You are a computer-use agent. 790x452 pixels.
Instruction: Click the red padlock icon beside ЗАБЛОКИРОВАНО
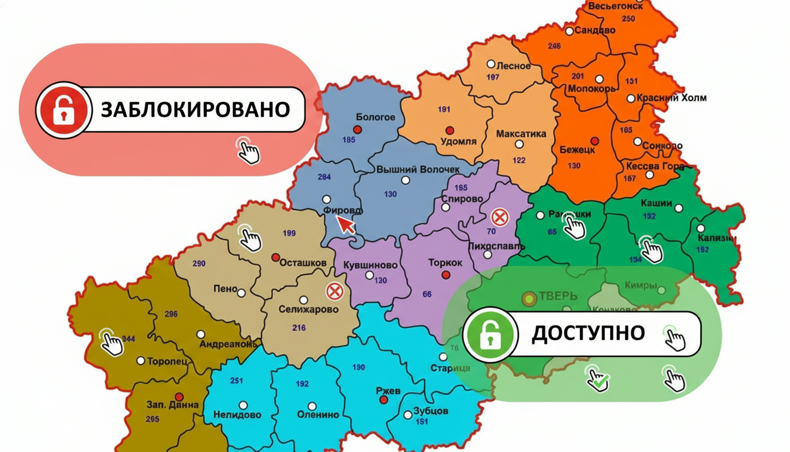62,110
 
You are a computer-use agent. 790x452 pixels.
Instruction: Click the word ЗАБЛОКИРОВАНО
195,109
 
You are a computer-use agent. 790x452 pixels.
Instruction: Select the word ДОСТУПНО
588,334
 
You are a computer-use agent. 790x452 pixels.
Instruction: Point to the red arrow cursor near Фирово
346,224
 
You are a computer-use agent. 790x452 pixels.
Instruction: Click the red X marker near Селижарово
335,291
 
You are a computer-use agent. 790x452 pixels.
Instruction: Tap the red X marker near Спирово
500,218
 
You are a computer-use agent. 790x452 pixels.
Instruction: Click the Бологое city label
376,117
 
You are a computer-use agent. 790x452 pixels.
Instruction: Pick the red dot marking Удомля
450,130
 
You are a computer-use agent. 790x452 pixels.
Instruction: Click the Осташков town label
303,262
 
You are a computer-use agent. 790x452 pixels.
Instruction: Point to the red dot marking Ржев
384,400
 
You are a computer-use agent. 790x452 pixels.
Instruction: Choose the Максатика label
521,134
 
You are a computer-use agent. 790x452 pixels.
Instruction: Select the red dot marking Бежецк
594,141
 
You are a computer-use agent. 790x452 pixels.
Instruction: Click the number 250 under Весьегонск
628,19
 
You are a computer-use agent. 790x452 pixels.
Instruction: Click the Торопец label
168,361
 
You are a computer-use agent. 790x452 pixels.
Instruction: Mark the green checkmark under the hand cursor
600,384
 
